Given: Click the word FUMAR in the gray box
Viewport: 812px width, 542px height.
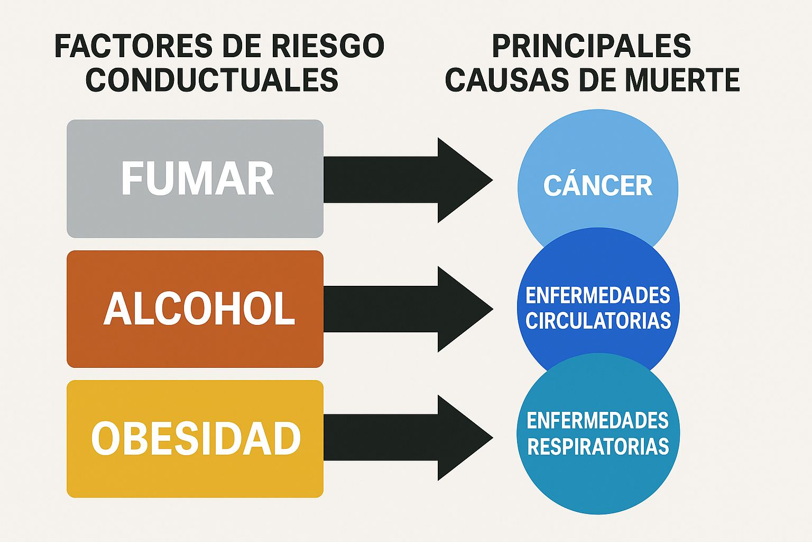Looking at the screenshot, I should [197, 179].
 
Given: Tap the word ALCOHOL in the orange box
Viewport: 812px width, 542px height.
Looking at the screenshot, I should [199, 309].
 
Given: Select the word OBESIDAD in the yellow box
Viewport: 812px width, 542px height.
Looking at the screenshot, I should [196, 439].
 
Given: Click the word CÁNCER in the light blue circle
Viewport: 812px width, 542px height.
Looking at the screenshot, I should [598, 186].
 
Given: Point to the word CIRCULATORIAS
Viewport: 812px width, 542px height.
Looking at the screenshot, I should [598, 321].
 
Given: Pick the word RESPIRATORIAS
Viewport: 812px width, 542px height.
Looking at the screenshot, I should [598, 447].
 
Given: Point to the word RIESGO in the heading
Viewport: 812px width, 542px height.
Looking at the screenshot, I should [328, 46].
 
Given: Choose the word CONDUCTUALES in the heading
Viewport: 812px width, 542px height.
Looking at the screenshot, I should [211, 80].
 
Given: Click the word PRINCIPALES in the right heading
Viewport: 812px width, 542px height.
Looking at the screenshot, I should [591, 46].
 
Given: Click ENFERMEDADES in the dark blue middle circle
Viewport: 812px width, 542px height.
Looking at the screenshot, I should [598, 295].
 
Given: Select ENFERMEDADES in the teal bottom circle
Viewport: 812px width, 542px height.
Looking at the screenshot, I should [598, 421].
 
